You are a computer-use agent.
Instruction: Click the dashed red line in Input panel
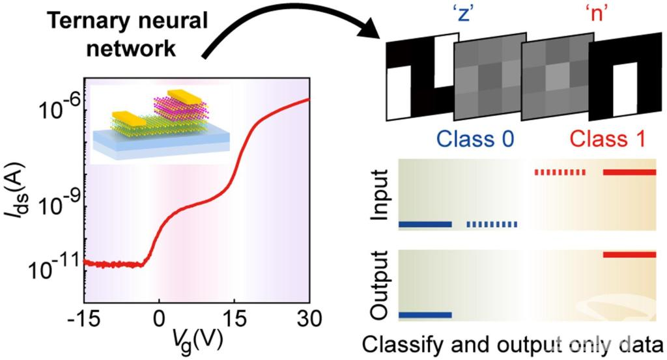(560, 173)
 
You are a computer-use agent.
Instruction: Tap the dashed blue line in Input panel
(492, 225)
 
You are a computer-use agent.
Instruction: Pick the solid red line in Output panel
(629, 255)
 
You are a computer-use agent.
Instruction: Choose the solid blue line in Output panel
(424, 315)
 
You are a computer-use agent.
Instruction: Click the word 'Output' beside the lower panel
(378, 286)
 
